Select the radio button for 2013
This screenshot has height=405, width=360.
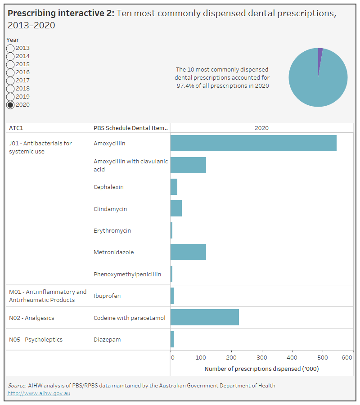click(10, 48)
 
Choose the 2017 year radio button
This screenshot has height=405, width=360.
click(10, 81)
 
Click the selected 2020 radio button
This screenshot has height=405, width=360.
click(10, 105)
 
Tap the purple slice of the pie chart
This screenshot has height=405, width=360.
click(320, 53)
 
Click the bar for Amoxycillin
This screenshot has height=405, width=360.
click(253, 143)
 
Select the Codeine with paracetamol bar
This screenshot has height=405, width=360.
click(204, 318)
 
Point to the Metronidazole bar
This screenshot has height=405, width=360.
click(188, 252)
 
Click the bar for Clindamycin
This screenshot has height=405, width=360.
click(176, 209)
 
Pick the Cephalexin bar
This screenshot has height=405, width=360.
click(174, 187)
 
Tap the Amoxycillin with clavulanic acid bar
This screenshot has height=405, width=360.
click(188, 165)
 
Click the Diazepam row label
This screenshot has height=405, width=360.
click(107, 340)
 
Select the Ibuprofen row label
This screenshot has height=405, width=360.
click(107, 296)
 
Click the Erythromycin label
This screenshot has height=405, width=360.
click(112, 230)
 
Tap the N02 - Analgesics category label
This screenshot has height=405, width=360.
click(31, 318)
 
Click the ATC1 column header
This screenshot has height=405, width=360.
click(16, 128)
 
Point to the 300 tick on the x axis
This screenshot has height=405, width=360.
click(262, 358)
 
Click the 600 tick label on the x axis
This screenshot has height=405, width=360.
click(347, 358)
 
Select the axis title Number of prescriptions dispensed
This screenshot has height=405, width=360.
click(261, 369)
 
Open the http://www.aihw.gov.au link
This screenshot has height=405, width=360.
click(39, 393)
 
